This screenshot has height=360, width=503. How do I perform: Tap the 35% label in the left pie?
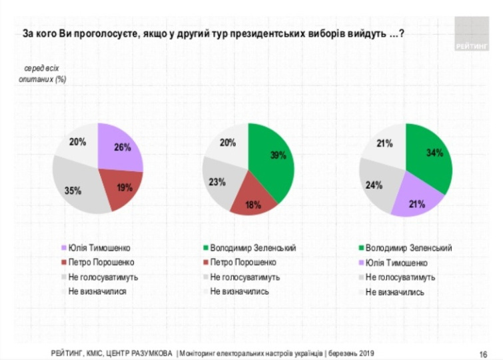click(x=73, y=191)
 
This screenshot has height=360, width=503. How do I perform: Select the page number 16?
click(x=482, y=353)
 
